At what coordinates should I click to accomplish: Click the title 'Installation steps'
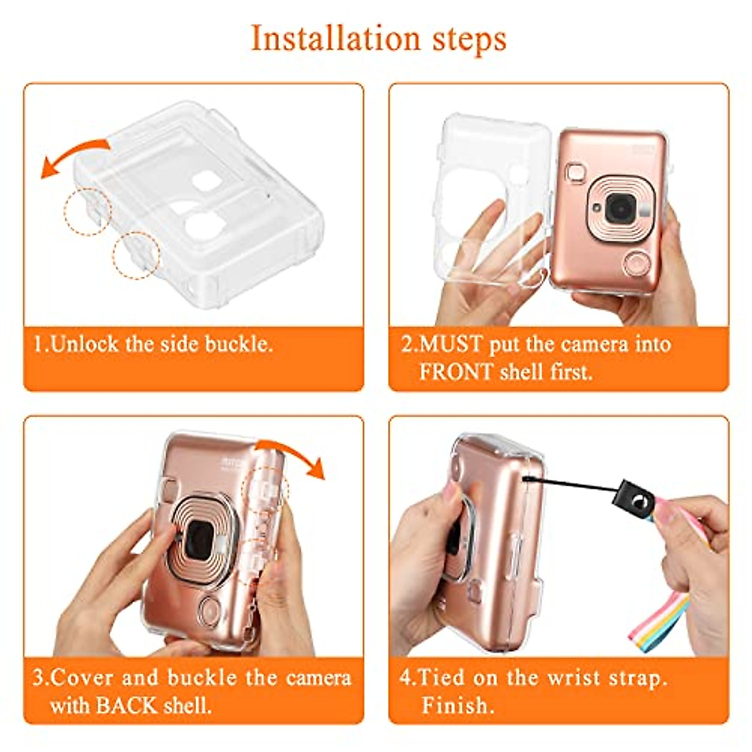pyautogui.click(x=379, y=39)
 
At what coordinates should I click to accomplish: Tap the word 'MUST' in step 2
pyautogui.click(x=451, y=345)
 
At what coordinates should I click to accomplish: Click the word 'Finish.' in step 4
pyautogui.click(x=457, y=706)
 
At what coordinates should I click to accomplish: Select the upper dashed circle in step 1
pyautogui.click(x=87, y=211)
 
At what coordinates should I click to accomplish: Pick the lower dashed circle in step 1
pyautogui.click(x=137, y=255)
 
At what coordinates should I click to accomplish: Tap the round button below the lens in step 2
pyautogui.click(x=636, y=263)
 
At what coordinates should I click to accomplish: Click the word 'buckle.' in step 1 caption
pyautogui.click(x=239, y=345)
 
